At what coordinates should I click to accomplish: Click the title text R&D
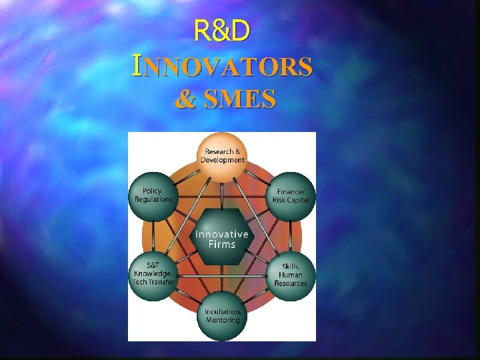[x=221, y=31]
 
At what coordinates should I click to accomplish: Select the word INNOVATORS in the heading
[x=222, y=67]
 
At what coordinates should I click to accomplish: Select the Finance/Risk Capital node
[x=291, y=195]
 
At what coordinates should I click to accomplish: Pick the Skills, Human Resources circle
[x=291, y=274]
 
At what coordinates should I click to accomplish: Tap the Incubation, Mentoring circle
[x=222, y=315]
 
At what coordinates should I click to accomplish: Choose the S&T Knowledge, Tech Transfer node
[x=153, y=273]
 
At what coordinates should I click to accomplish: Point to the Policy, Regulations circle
[x=153, y=195]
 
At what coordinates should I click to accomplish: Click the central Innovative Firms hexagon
[x=222, y=237]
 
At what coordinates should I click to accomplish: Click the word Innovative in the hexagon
[x=222, y=234]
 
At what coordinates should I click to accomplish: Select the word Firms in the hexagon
[x=222, y=244]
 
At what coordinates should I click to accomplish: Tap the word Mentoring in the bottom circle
[x=222, y=320]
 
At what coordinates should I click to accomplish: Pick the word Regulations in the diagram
[x=153, y=199]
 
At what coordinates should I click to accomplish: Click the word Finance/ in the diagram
[x=291, y=191]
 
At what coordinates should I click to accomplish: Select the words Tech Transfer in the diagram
[x=153, y=282]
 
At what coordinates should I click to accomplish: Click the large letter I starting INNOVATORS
[x=137, y=66]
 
